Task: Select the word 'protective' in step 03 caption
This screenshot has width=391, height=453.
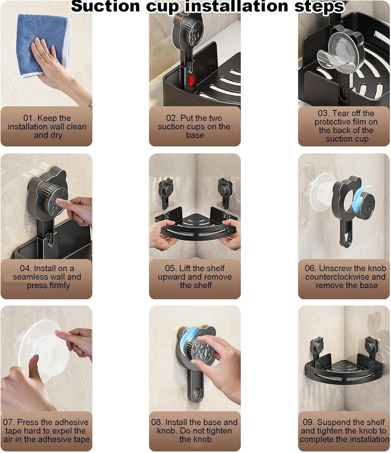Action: [x=330, y=122]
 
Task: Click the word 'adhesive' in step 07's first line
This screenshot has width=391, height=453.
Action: [x=70, y=422]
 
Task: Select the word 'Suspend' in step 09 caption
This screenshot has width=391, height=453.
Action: [x=331, y=422]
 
